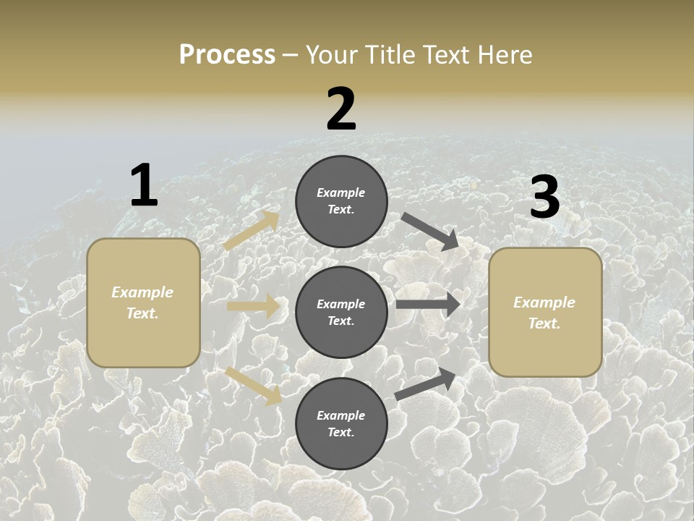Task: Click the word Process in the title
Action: tap(227, 55)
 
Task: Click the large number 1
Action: tap(144, 185)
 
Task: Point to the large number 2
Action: tap(341, 109)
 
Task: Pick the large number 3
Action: tap(544, 198)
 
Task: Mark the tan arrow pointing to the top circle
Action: tap(252, 231)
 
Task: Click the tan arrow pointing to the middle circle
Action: tap(253, 306)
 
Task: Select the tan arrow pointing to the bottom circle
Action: tap(253, 385)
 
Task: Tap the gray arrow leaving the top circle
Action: tap(430, 231)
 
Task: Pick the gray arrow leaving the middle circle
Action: tap(428, 305)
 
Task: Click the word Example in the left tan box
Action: tap(142, 292)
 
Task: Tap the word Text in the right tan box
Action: tap(544, 323)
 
